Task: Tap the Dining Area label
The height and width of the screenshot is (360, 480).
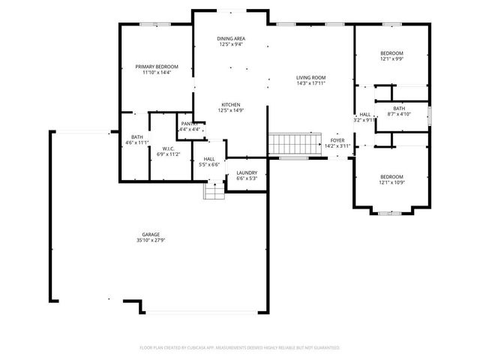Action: click(231, 38)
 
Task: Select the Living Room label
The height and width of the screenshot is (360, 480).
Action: click(310, 77)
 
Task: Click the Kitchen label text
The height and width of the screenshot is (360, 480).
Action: click(230, 104)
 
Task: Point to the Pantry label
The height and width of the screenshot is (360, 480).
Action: click(188, 124)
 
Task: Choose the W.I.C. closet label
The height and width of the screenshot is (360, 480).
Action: click(168, 148)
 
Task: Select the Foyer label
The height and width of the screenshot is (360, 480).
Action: click(337, 140)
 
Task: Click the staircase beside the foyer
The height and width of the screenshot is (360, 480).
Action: click(285, 143)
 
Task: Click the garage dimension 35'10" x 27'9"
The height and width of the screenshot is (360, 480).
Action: click(151, 240)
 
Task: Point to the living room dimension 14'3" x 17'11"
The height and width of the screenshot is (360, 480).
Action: click(310, 83)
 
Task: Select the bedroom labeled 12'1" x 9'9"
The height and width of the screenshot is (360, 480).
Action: click(391, 56)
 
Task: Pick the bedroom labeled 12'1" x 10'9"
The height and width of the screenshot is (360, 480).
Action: click(391, 179)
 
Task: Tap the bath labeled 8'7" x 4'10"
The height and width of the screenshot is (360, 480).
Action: click(398, 111)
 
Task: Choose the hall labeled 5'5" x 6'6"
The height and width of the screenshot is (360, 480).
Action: click(209, 161)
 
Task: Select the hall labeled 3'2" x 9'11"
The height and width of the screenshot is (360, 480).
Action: click(364, 117)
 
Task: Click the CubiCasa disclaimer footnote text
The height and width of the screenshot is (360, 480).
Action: click(240, 348)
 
